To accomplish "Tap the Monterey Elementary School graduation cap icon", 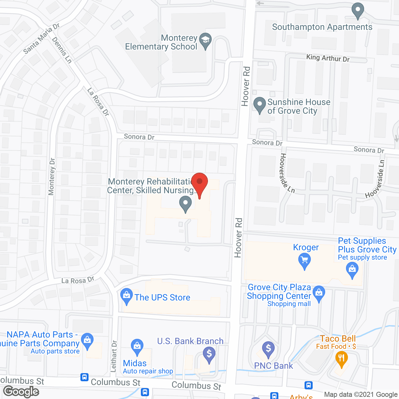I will (x=205, y=40).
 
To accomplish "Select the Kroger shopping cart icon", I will (x=305, y=260).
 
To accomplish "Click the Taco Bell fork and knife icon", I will (x=342, y=358).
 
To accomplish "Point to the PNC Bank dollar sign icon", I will (x=268, y=348).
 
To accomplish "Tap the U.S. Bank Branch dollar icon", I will (x=209, y=354).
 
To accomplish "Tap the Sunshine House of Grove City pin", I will (x=259, y=104).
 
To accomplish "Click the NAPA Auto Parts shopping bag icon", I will (x=87, y=340).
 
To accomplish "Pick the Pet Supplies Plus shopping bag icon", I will (x=352, y=269).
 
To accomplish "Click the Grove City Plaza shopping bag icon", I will (x=319, y=293).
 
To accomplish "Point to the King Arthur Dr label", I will (x=328, y=58).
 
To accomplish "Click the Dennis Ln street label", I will (x=62, y=50).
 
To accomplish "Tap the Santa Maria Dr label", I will (x=41, y=39).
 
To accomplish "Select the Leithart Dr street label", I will (x=114, y=356).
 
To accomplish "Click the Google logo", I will (x=21, y=392).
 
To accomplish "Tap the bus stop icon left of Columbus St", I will (x=84, y=377).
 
